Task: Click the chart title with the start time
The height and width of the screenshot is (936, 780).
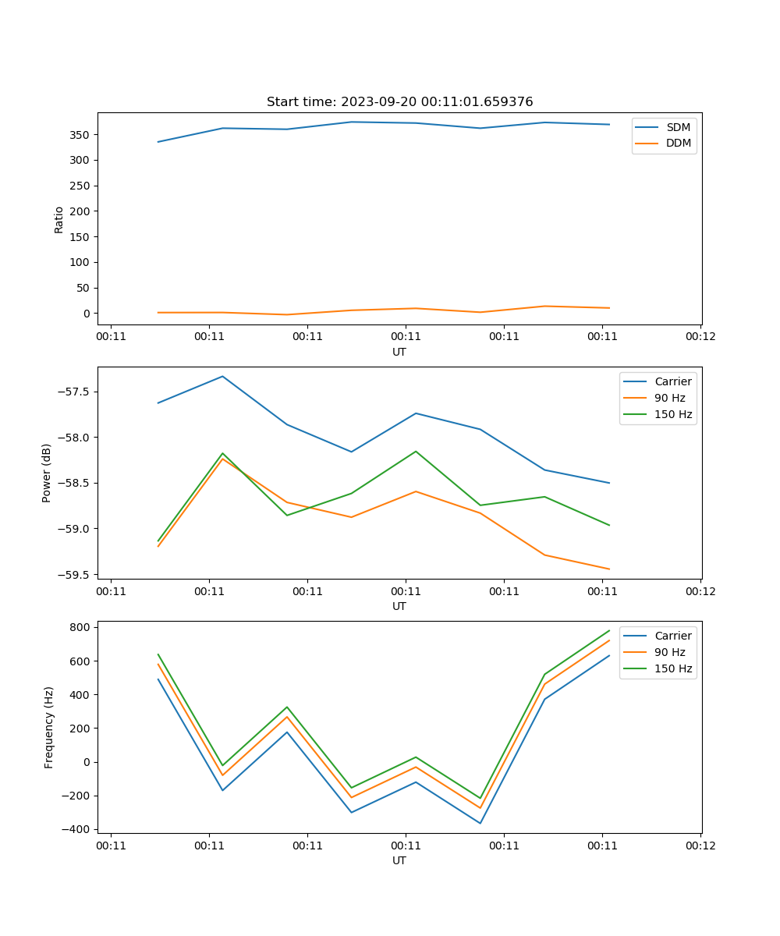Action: coord(399,102)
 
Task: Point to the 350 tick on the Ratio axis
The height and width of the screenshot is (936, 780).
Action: coord(82,135)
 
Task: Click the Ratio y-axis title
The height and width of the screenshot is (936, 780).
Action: coord(59,219)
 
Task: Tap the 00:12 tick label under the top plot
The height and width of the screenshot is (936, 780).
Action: coord(700,337)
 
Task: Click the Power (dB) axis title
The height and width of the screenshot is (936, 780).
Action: coord(47,473)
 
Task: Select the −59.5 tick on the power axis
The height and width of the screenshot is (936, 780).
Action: coord(76,575)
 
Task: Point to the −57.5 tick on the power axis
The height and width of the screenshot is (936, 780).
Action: coord(76,392)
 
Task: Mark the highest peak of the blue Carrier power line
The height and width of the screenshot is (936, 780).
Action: coord(222,377)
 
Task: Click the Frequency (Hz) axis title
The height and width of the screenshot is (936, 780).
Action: coord(49,727)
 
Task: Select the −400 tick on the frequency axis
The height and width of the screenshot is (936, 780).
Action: coord(79,829)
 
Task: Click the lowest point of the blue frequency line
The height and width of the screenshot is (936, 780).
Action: coord(480,823)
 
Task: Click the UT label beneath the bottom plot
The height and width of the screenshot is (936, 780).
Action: coord(399,861)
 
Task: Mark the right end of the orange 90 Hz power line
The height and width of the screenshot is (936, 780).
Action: coord(609,569)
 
